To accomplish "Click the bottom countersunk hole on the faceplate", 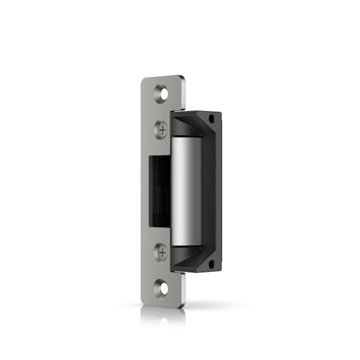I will coord(161,288).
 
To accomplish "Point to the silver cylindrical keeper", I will coord(187,190).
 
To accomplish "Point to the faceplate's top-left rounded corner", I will coord(142,79).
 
